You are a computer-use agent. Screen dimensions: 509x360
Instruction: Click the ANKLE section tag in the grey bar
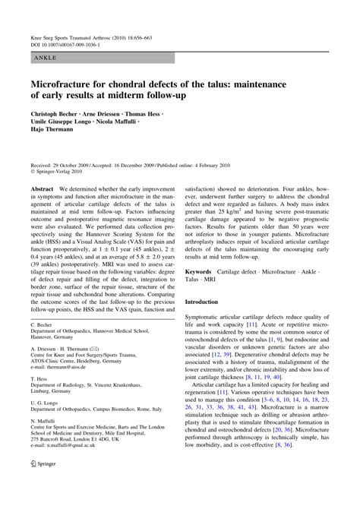point(43,58)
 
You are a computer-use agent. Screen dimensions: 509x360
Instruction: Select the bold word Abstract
point(42,186)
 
